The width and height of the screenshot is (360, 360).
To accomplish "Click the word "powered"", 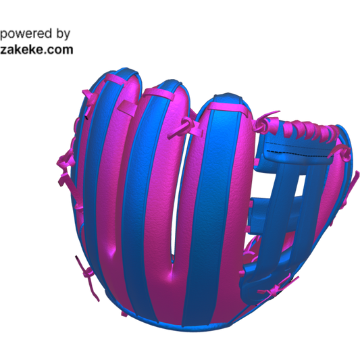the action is point(26,34).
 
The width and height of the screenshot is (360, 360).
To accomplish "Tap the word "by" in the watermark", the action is point(63,34).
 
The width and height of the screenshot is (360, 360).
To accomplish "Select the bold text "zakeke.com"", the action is point(36,50).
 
